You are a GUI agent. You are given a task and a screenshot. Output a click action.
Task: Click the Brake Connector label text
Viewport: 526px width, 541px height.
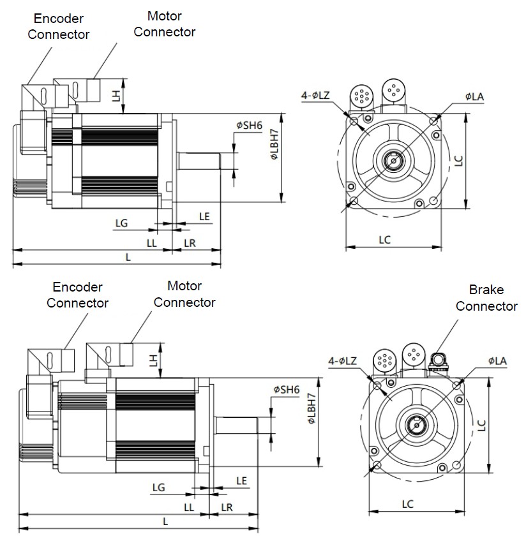click(x=486, y=297)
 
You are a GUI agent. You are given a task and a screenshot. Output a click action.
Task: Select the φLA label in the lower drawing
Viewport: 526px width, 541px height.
click(x=497, y=361)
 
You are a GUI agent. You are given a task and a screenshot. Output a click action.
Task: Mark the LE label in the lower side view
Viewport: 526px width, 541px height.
click(x=242, y=480)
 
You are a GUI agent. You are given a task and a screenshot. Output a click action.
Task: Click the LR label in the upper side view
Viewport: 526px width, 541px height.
click(x=190, y=243)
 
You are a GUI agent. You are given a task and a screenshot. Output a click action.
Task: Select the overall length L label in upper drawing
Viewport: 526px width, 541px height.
click(x=128, y=257)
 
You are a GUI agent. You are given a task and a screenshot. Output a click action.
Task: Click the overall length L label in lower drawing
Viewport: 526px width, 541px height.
click(x=165, y=521)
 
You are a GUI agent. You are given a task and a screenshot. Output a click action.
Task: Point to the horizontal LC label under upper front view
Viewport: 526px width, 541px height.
click(x=384, y=240)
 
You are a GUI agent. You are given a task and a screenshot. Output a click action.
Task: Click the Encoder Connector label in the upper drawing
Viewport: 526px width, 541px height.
click(x=58, y=26)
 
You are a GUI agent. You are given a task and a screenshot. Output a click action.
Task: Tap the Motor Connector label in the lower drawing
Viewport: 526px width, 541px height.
click(x=184, y=294)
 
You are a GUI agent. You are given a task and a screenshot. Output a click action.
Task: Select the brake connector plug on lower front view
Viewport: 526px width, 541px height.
click(x=438, y=362)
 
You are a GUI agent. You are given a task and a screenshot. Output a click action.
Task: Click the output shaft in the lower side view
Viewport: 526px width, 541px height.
click(x=236, y=424)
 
